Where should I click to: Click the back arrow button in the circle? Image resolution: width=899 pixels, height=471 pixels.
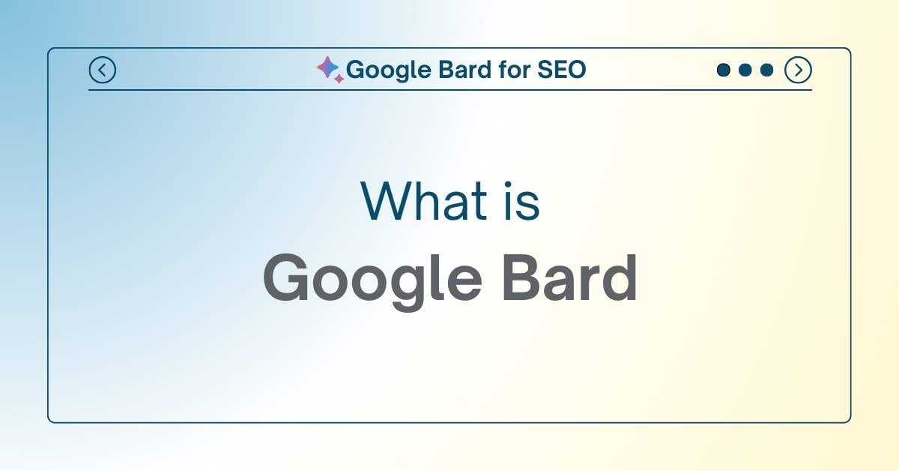(x=102, y=70)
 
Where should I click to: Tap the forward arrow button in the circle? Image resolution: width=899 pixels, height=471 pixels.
(x=798, y=70)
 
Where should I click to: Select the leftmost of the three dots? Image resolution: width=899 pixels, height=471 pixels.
(x=723, y=70)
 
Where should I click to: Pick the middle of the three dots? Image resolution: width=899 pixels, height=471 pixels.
(x=745, y=70)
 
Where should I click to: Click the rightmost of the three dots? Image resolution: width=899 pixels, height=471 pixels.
(x=766, y=70)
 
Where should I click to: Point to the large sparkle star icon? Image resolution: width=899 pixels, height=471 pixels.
(x=327, y=67)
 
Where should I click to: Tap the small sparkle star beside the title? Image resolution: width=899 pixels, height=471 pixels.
(x=339, y=78)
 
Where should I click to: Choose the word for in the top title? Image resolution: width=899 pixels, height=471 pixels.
(x=513, y=70)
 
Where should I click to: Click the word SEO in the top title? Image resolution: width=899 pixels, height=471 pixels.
(x=561, y=70)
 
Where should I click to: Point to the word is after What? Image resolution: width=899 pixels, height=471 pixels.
(x=522, y=201)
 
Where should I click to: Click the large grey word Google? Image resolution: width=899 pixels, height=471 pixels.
(x=372, y=280)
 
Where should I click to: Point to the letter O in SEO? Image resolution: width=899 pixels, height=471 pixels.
(x=575, y=70)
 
